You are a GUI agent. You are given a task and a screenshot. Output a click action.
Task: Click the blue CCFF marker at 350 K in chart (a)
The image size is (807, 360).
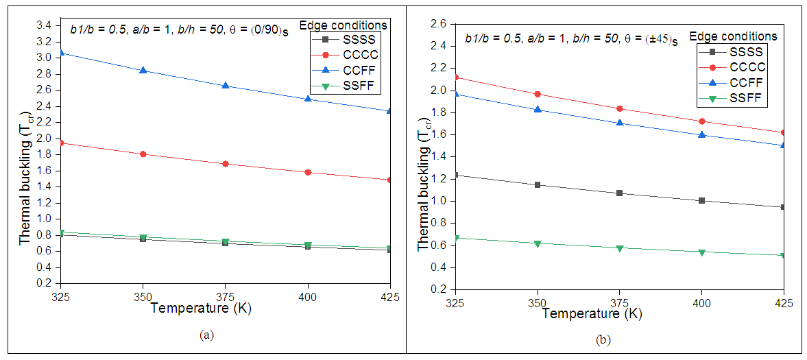point(143,70)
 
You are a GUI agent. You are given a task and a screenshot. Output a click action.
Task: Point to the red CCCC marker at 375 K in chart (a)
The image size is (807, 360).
point(226,164)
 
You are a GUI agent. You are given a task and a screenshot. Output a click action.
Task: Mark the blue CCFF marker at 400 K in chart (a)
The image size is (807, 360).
point(308,99)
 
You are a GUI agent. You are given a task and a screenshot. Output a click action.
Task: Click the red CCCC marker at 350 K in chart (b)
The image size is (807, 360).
point(538,94)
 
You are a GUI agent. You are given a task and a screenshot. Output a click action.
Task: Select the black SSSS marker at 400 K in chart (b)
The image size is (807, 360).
point(701,200)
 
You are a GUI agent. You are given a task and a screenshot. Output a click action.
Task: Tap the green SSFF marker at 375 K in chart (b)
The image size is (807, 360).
point(620,248)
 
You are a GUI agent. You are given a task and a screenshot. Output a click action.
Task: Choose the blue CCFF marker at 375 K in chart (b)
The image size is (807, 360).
point(620,123)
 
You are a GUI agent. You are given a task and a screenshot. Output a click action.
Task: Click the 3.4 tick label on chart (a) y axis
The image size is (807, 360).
point(43,25)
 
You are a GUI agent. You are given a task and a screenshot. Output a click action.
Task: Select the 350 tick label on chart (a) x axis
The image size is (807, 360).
point(143,297)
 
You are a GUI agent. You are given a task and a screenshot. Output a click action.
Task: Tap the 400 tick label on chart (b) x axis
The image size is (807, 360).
point(701,302)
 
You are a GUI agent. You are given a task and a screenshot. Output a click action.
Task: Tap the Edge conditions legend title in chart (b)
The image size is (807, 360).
point(733,36)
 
